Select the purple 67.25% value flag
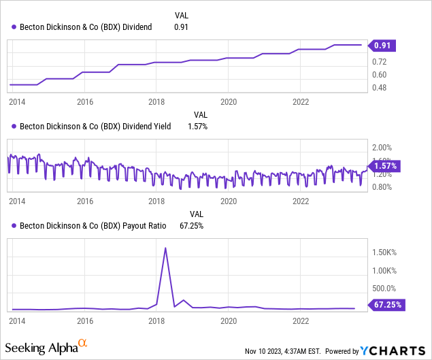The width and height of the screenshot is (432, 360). (x=386, y=305)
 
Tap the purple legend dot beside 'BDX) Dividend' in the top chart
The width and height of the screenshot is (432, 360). (x=13, y=27)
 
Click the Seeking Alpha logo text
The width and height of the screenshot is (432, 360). (x=49, y=348)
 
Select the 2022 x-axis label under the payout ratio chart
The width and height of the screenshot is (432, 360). (x=301, y=319)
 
